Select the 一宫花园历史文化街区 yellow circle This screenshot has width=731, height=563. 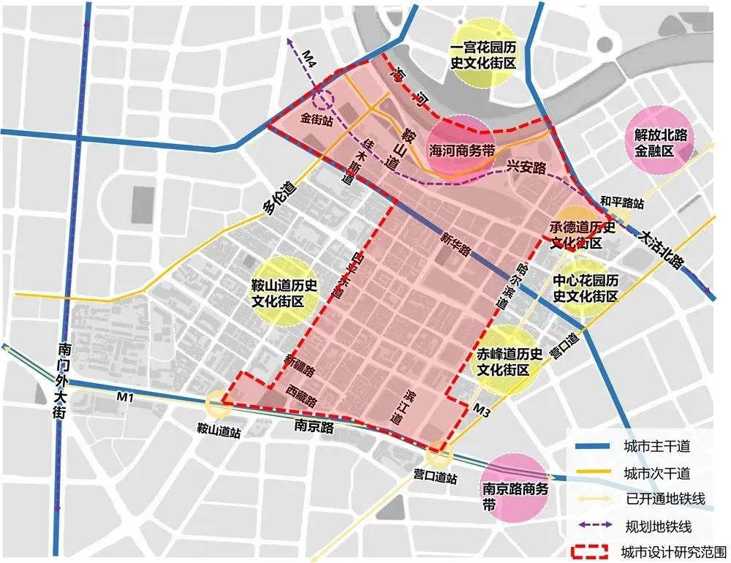(483, 55)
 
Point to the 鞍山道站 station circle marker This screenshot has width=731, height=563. (217, 404)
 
